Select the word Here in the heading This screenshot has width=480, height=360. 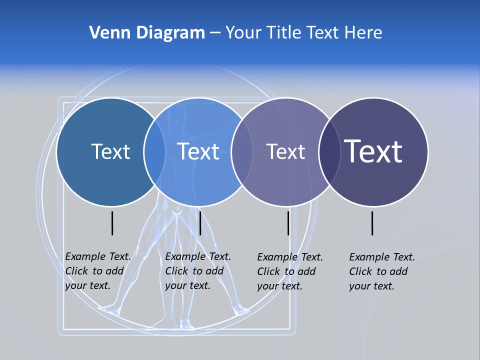click(363, 33)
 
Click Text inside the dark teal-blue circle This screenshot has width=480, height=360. click(110, 151)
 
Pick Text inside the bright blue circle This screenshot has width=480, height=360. click(198, 151)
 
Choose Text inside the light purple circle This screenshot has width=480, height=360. click(285, 151)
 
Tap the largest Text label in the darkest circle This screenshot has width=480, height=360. click(373, 151)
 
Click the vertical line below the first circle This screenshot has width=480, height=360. click(112, 223)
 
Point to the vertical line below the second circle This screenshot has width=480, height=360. click(200, 223)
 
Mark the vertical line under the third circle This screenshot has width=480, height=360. click(288, 223)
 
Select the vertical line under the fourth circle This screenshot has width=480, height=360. click(372, 223)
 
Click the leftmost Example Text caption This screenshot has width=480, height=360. click(97, 271)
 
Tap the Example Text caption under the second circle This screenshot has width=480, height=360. click(197, 271)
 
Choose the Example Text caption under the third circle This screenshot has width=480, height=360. click(289, 271)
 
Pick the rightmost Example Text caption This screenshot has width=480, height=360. click(381, 271)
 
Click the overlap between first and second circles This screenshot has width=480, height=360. click(154, 151)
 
